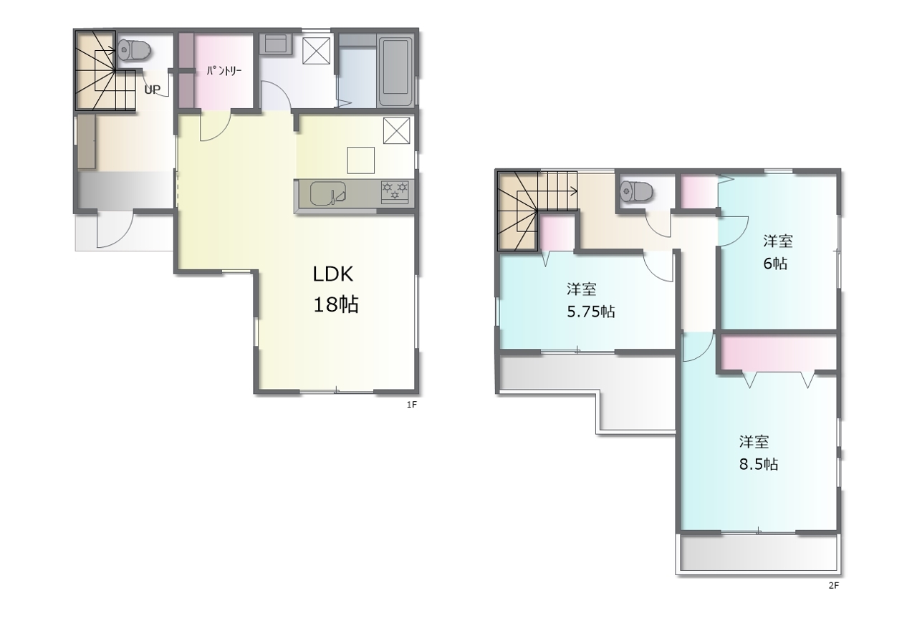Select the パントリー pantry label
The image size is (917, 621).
coord(224,71)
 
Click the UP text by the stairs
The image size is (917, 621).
coord(153,90)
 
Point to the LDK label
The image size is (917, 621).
coord(333,274)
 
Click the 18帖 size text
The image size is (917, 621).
coord(336,304)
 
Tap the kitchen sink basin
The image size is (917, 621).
coord(327,193)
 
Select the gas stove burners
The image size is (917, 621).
coord(395,191)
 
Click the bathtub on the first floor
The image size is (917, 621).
coord(395,72)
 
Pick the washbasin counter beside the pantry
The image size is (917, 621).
coord(275,44)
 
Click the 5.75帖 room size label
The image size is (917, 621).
coord(591,312)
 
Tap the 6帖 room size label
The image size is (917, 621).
coord(775,264)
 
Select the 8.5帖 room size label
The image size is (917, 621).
coord(759,464)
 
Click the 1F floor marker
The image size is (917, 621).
coord(411,405)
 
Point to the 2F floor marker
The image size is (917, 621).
coord(833,586)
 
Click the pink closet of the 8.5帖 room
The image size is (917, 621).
coord(778,353)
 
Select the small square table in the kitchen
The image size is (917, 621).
coord(360,160)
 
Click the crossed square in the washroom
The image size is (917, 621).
coord(316,51)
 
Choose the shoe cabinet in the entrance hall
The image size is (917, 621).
coord(87,142)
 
